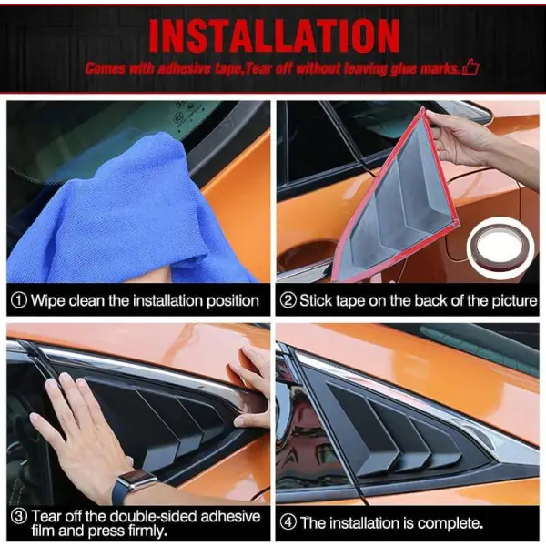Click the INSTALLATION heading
point(273,35)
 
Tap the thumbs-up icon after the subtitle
point(470,67)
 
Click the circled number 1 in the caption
point(18,300)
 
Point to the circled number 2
point(288,300)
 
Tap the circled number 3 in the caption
point(18,515)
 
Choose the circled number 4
point(288,522)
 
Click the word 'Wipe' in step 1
point(49,300)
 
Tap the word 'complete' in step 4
point(448,523)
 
